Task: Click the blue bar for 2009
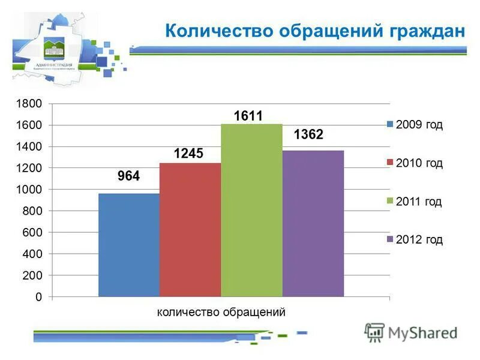click(x=129, y=245)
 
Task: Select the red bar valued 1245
click(x=190, y=230)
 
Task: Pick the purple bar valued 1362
click(x=313, y=223)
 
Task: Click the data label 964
click(x=128, y=176)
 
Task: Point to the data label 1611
click(x=248, y=116)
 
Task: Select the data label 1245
click(x=188, y=154)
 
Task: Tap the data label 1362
click(x=308, y=135)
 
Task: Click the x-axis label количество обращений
click(x=221, y=312)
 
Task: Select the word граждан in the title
click(x=426, y=30)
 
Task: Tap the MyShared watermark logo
click(x=412, y=332)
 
